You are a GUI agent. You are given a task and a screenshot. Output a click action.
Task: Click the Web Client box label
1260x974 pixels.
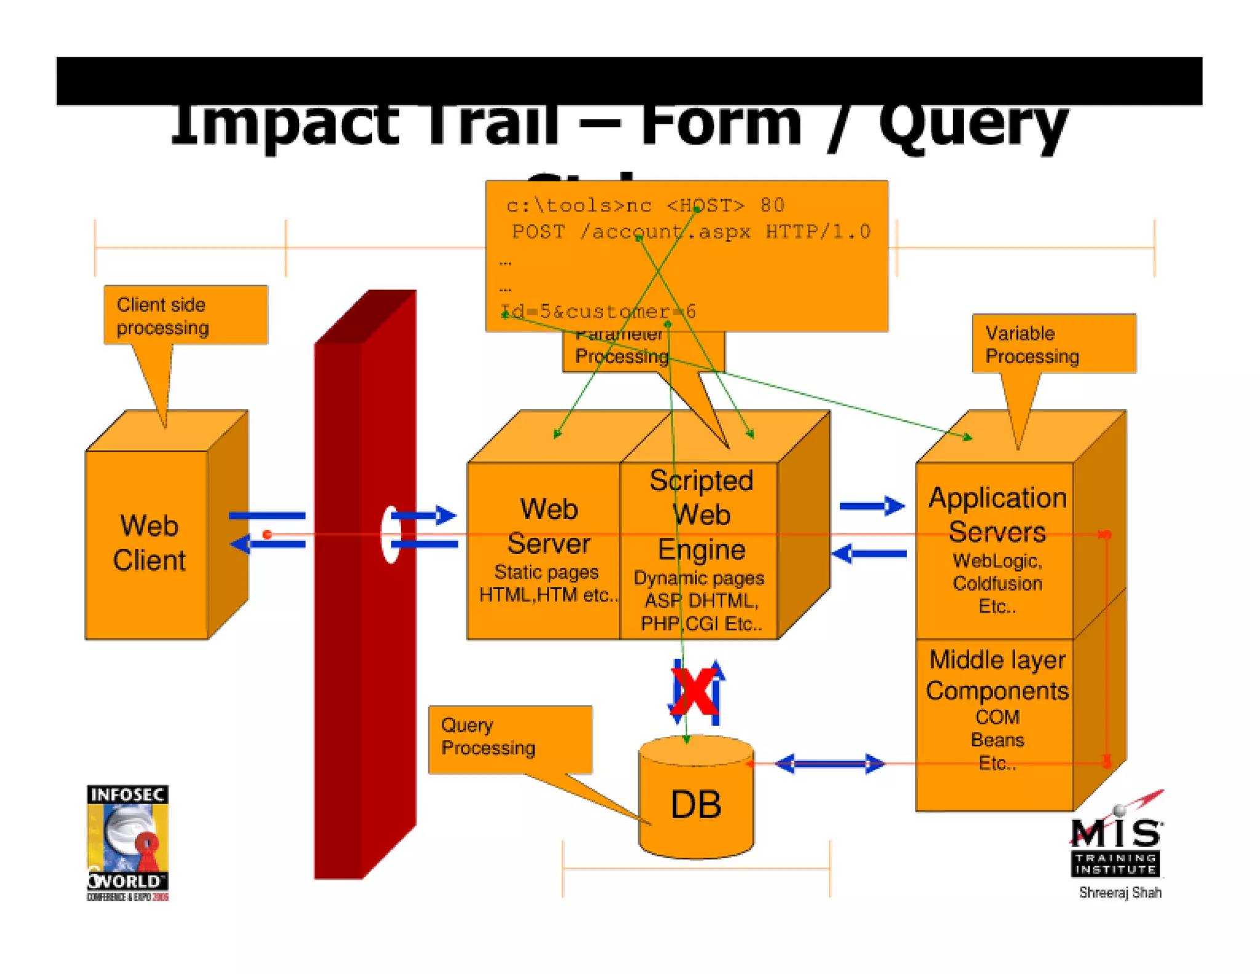149,543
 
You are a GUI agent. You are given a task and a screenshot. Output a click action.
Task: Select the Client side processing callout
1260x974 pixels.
185,315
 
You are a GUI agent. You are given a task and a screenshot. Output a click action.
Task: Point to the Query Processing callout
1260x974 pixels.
509,738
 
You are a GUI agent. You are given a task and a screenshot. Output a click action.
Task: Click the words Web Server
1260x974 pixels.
548,526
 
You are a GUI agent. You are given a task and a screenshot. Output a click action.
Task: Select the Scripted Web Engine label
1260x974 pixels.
701,515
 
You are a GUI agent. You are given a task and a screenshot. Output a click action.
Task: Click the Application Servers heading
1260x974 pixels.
997,515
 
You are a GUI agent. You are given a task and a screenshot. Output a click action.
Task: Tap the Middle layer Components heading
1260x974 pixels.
997,675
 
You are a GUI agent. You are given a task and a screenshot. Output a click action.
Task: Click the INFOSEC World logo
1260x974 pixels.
127,842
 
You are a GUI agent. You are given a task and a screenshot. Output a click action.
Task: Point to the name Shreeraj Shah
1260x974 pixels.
1120,892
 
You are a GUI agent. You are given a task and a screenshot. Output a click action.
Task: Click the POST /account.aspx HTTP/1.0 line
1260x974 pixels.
690,232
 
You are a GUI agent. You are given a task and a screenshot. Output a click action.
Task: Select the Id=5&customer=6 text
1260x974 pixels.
598,312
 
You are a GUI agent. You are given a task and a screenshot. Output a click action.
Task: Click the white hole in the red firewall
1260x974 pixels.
390,534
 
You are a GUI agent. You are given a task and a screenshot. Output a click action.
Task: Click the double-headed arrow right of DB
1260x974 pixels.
829,764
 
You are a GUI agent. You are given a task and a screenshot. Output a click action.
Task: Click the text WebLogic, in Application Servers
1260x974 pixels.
997,561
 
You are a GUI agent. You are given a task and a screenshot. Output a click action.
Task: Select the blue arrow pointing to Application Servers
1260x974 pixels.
872,506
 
